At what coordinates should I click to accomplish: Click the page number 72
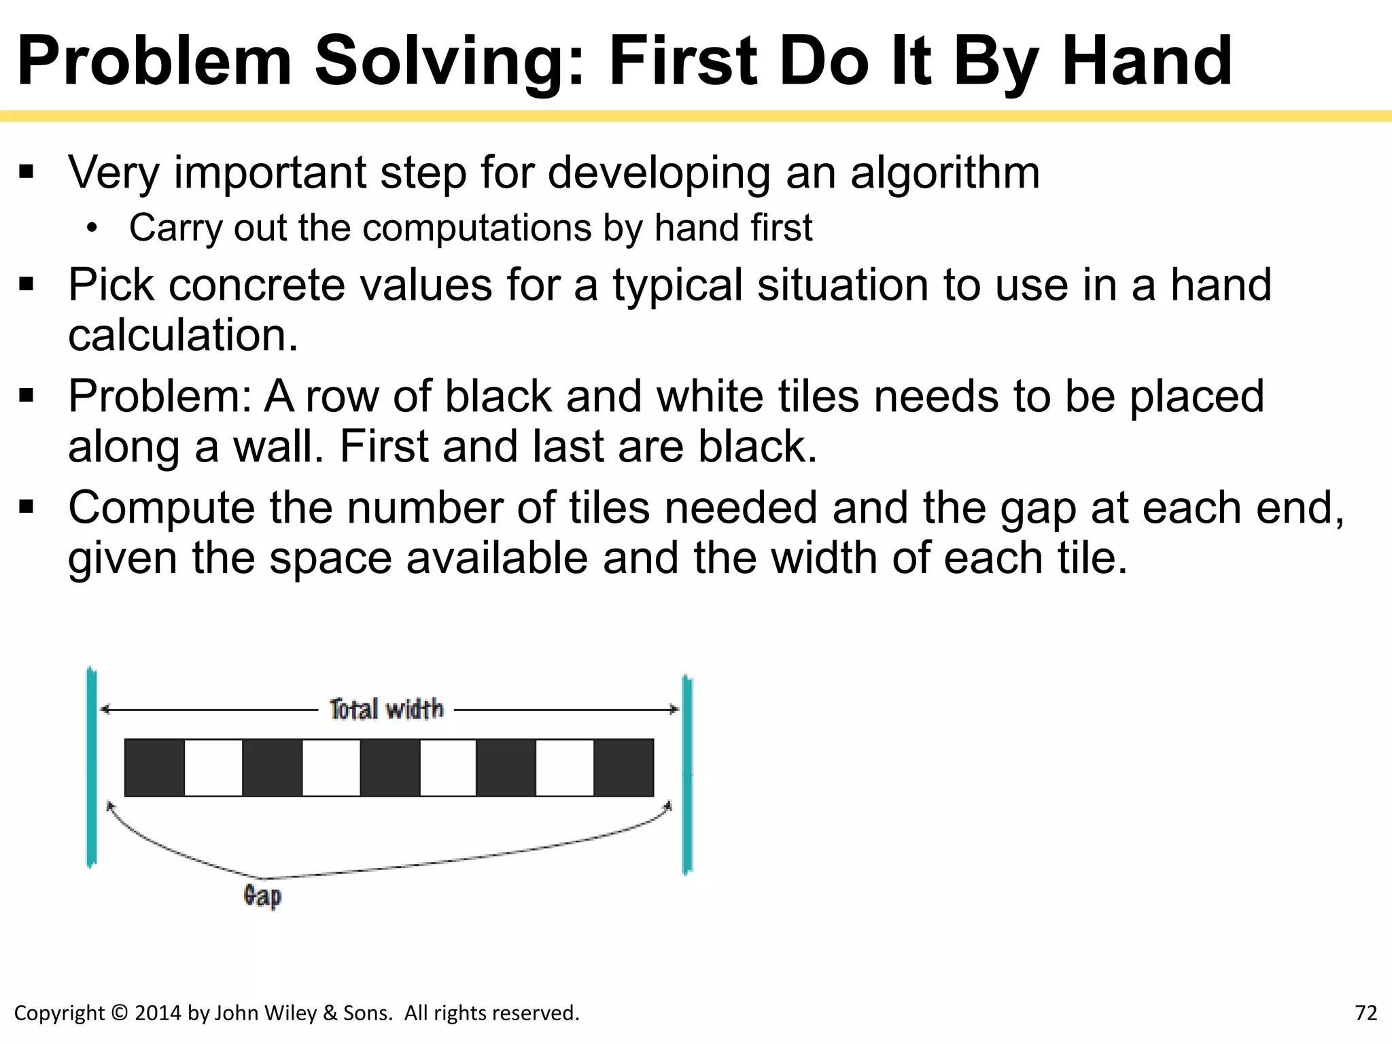point(1365,1013)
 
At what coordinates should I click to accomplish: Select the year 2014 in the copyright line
point(158,1013)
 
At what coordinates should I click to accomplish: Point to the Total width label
point(386,710)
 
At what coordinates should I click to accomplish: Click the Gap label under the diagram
point(262,896)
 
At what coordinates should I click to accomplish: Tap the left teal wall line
point(92,768)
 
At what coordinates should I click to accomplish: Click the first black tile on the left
point(154,767)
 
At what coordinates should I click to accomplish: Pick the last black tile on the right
point(623,767)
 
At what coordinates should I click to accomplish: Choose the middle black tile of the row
point(389,767)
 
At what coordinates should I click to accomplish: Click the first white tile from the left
point(213,767)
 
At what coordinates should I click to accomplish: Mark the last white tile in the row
point(565,767)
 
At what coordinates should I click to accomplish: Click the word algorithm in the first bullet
point(945,173)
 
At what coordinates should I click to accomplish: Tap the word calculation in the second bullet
point(183,335)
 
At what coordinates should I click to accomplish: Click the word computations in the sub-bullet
point(476,228)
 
